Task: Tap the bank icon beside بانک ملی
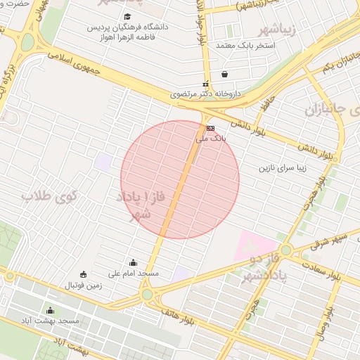tap(210, 128)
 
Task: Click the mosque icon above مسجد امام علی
tap(134, 262)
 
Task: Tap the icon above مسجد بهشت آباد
tap(49, 311)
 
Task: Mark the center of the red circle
tap(180, 179)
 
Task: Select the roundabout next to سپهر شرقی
tap(285, 250)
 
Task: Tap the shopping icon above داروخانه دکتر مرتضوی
tap(224, 74)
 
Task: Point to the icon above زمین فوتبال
tap(84, 274)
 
